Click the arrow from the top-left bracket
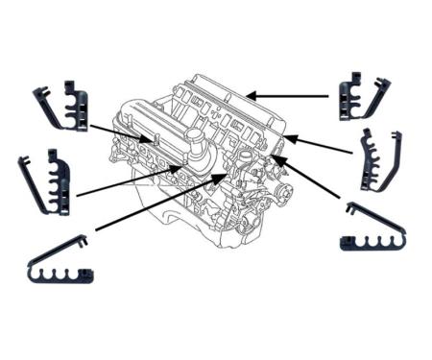coord(119,133)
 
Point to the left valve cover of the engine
coord(154,134)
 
